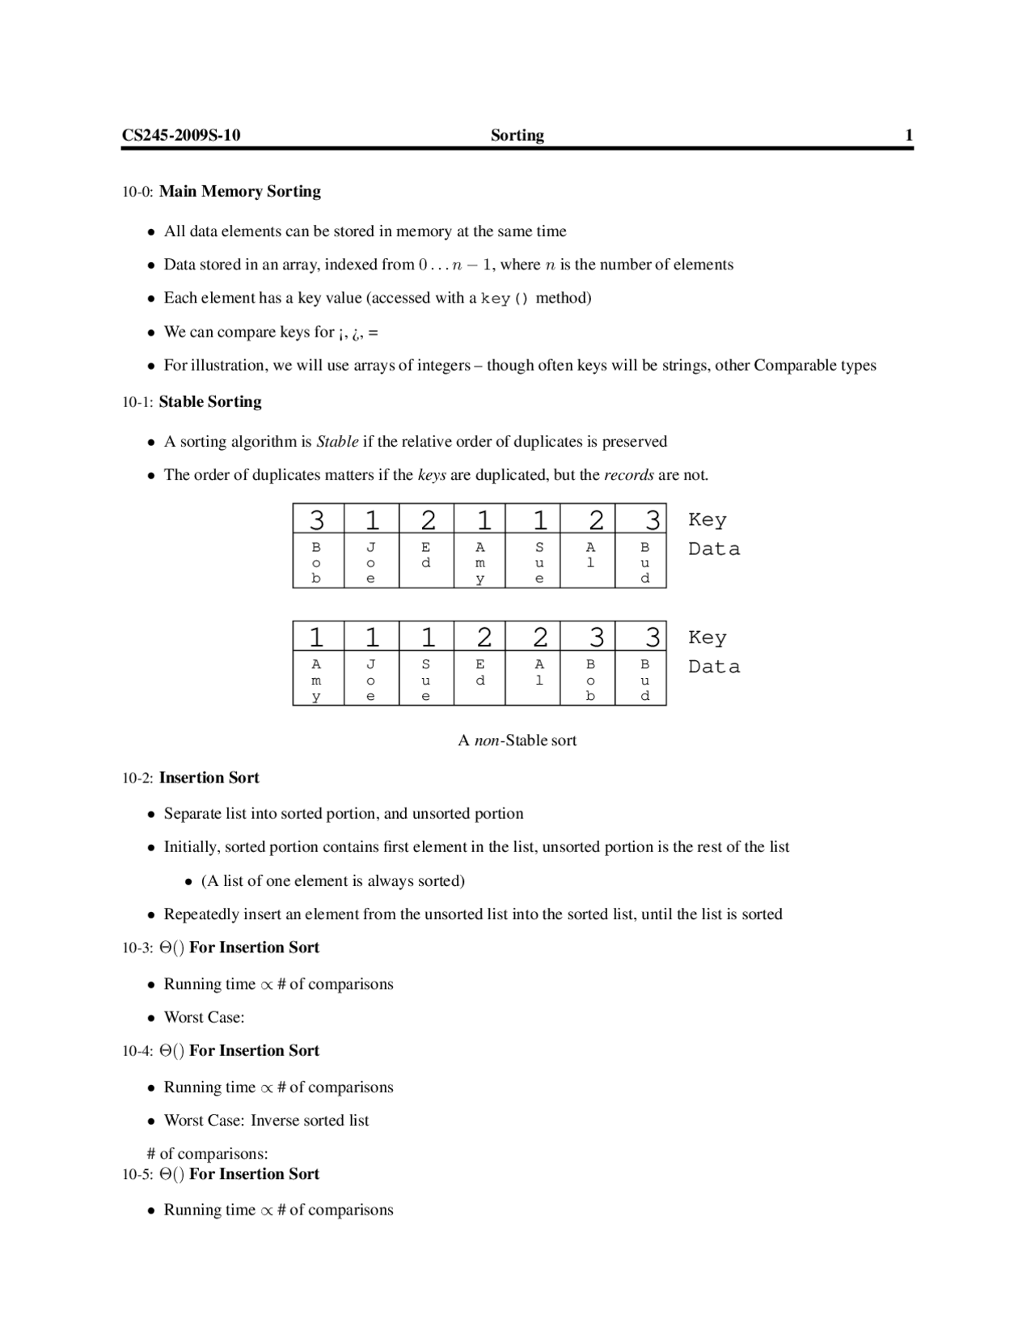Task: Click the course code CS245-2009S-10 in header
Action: coord(181,135)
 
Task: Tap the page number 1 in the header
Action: coord(909,135)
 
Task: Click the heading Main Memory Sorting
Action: coord(239,192)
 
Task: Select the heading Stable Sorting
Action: coord(210,402)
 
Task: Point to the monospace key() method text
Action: coord(505,299)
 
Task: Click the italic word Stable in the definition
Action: coord(337,442)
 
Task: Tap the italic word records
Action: coord(629,475)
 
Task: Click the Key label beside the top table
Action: coord(708,519)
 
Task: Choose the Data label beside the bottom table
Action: coord(714,667)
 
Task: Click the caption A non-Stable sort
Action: coord(517,740)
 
